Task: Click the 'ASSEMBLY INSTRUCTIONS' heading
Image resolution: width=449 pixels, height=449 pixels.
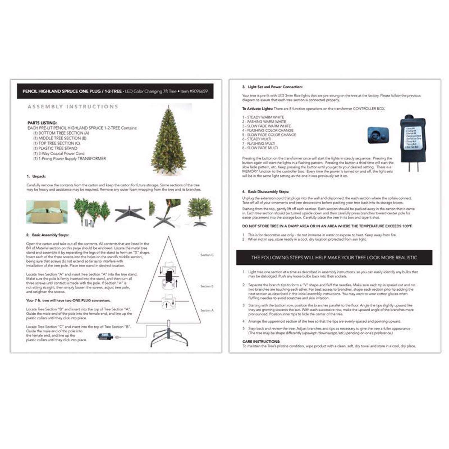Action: click(73, 107)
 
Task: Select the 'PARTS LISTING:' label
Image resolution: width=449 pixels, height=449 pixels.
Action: click(42, 123)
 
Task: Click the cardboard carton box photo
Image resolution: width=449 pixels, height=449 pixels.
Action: click(47, 212)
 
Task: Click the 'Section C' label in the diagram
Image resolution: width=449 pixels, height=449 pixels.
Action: click(207, 255)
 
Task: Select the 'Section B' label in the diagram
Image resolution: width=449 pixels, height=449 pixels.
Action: click(207, 286)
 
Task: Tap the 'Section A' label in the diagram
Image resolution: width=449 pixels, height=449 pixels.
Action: click(207, 310)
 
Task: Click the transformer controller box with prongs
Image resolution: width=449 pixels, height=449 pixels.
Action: click(412, 141)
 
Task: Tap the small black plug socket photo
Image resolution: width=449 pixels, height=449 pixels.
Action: click(378, 135)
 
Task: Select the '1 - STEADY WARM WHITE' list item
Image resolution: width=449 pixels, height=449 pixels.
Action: click(263, 117)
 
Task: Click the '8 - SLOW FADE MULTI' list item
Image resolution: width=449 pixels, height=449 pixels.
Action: click(260, 148)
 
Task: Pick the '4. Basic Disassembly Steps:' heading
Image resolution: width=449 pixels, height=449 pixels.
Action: click(266, 192)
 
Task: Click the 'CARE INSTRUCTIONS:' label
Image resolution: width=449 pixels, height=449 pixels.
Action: click(261, 341)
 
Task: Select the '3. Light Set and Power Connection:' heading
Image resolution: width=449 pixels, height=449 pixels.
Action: click(272, 87)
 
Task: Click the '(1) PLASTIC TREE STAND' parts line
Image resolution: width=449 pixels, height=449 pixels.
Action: click(55, 148)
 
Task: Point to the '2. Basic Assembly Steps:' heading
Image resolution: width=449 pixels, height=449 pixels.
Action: click(47, 235)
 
